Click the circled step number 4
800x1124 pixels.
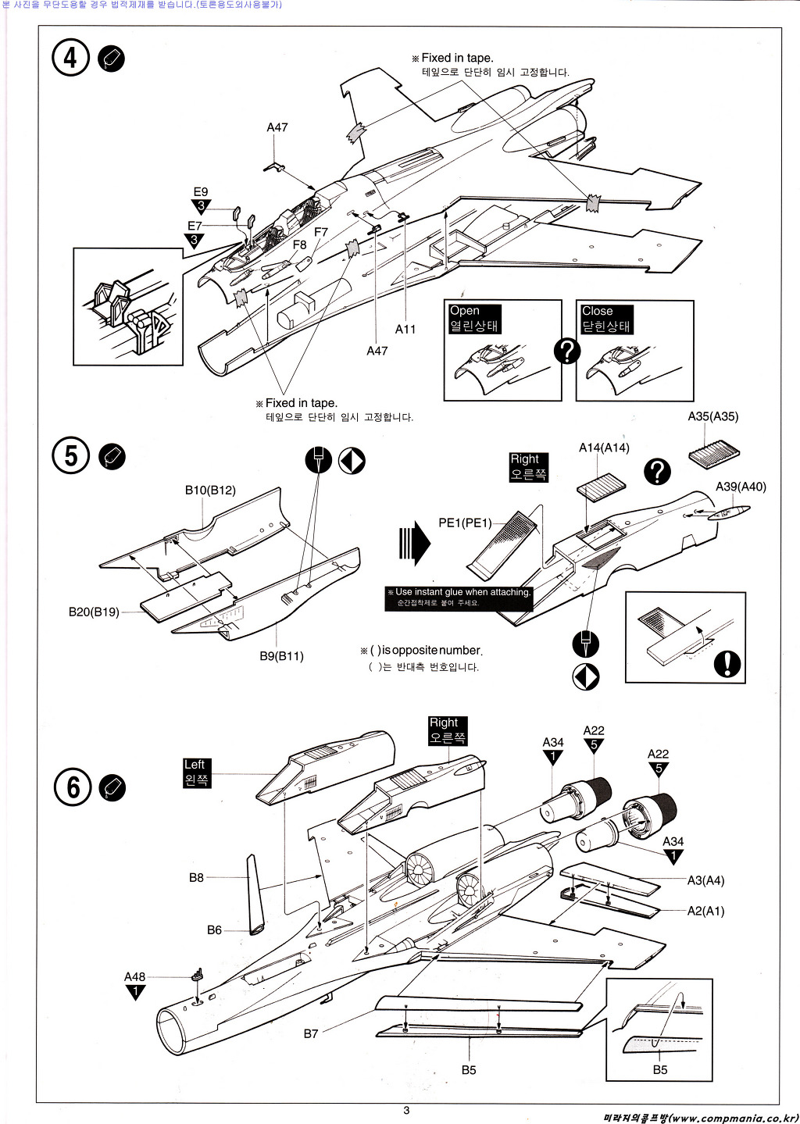pos(71,58)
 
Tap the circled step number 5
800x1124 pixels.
pos(71,456)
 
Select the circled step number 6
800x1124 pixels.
pos(73,787)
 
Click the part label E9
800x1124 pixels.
pos(201,192)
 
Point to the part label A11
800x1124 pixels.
pos(405,329)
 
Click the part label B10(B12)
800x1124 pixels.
pos(210,491)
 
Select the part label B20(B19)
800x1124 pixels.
pos(94,612)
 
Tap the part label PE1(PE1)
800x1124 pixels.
pos(465,523)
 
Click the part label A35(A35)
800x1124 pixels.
pos(712,416)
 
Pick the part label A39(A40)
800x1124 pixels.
pos(741,487)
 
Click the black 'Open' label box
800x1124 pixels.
pos(474,319)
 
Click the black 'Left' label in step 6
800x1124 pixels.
pos(196,773)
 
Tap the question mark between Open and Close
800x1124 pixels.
pos(567,351)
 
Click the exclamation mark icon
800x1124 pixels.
pos(727,663)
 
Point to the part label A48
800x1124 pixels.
pos(134,976)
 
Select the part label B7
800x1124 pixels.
pos(311,1033)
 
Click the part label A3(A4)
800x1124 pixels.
pos(705,880)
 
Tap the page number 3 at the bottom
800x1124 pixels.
pos(406,1110)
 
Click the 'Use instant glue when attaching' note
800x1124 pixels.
pos(459,598)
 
